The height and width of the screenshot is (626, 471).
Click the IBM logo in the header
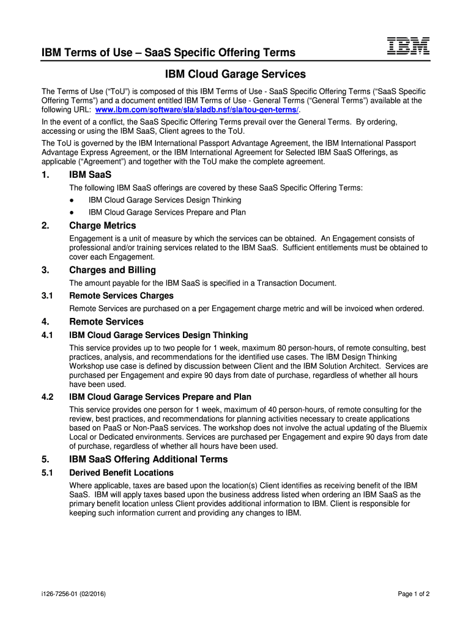[408, 46]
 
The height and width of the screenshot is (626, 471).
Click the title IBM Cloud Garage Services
[236, 75]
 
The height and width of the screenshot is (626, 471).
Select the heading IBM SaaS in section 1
[91, 175]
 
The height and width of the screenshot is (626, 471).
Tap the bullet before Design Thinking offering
[72, 200]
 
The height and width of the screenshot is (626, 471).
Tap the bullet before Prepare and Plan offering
[72, 212]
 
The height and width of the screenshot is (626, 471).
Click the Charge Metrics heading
[103, 226]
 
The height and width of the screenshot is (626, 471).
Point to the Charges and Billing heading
[113, 270]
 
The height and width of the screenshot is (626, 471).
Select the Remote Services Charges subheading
[122, 296]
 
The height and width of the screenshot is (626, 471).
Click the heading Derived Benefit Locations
[122, 473]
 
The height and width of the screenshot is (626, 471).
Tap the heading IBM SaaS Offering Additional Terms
[149, 459]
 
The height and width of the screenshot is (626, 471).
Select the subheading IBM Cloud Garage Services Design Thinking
[159, 335]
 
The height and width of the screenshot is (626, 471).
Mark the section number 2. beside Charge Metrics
[45, 226]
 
